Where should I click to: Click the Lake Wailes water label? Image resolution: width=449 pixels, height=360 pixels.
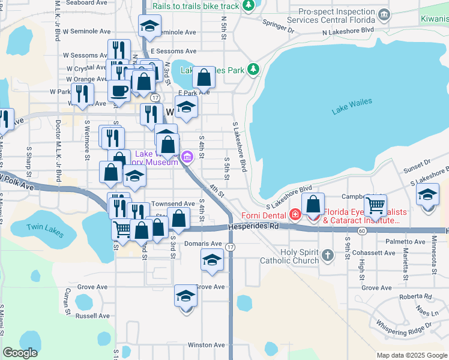click(x=352, y=106)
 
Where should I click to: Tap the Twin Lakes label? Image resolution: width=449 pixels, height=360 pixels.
click(x=44, y=227)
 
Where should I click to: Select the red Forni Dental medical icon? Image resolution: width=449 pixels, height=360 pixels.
click(x=295, y=214)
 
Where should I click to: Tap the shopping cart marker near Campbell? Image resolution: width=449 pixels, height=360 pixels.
click(x=375, y=206)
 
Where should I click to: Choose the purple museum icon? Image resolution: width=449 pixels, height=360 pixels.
click(x=187, y=158)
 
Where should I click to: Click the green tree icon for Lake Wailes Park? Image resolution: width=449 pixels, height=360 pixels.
click(x=253, y=70)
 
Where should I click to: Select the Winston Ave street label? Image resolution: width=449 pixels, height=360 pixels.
click(x=206, y=345)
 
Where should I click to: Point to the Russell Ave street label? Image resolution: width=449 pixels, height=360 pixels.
click(x=93, y=316)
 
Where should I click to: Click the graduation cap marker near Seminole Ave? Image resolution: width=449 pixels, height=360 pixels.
click(x=149, y=26)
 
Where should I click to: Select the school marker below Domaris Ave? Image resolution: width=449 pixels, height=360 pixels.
click(x=212, y=260)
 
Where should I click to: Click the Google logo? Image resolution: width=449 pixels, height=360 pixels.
click(x=20, y=353)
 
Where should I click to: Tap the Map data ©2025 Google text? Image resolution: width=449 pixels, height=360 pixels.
click(x=411, y=355)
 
